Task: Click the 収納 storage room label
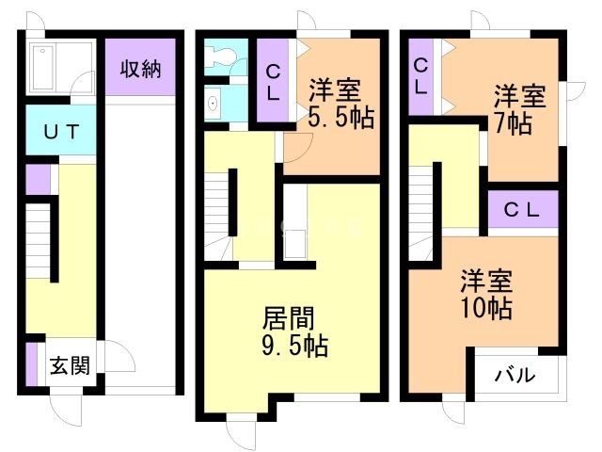pos(140,69)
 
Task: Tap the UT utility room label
pos(61,132)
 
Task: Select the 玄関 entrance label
pos(71,365)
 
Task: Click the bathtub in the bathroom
pos(43,68)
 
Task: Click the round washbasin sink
pos(213,103)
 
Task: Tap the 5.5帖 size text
pos(341,117)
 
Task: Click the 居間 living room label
pos(289,318)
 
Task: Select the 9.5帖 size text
pos(294,346)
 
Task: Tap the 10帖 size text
pos(486,308)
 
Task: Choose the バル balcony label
pos(515,375)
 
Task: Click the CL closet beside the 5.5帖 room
pos(273,82)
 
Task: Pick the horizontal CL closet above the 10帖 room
pos(522,210)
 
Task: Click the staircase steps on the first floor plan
pos(38,241)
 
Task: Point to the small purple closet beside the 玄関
pos(31,364)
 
